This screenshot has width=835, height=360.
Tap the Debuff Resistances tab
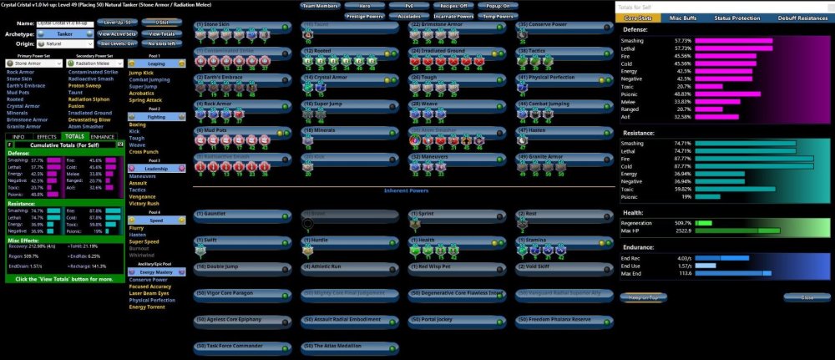point(803,18)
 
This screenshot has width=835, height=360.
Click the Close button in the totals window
point(807,297)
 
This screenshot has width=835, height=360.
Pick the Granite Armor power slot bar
point(559,156)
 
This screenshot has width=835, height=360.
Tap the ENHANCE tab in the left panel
point(103,136)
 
